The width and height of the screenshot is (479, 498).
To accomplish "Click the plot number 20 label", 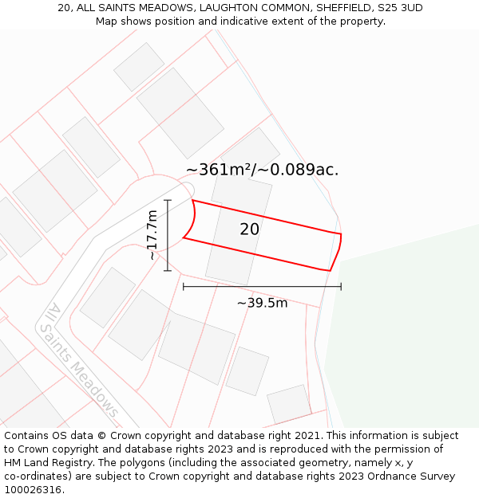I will point(249,229).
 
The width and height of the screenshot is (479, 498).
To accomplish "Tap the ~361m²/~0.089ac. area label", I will point(262,170).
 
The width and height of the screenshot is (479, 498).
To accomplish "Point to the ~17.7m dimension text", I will point(152,235).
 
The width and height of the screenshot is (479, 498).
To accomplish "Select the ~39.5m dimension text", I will point(262,303).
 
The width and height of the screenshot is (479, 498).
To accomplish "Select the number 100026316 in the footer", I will point(33,489).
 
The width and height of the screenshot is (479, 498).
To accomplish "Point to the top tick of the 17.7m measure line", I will point(168,200).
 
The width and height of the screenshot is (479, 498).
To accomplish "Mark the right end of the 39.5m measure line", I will point(341,286).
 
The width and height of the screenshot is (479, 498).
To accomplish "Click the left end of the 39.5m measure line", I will point(184,286).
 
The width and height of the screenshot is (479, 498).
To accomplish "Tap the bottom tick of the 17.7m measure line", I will point(168,271).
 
